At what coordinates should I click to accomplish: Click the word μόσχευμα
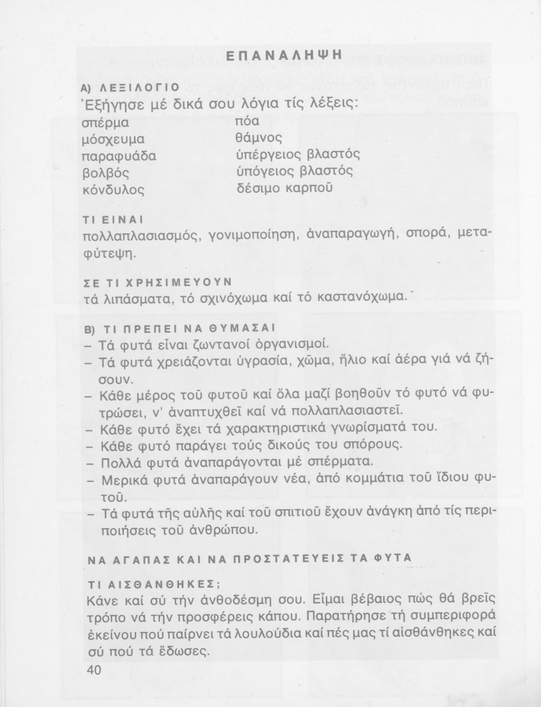pyautogui.click(x=113, y=140)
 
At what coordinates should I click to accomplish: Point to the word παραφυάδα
pyautogui.click(x=119, y=156)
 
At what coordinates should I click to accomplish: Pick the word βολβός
pyautogui.click(x=105, y=172)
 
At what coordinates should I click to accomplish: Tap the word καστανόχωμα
pyautogui.click(x=361, y=298)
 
